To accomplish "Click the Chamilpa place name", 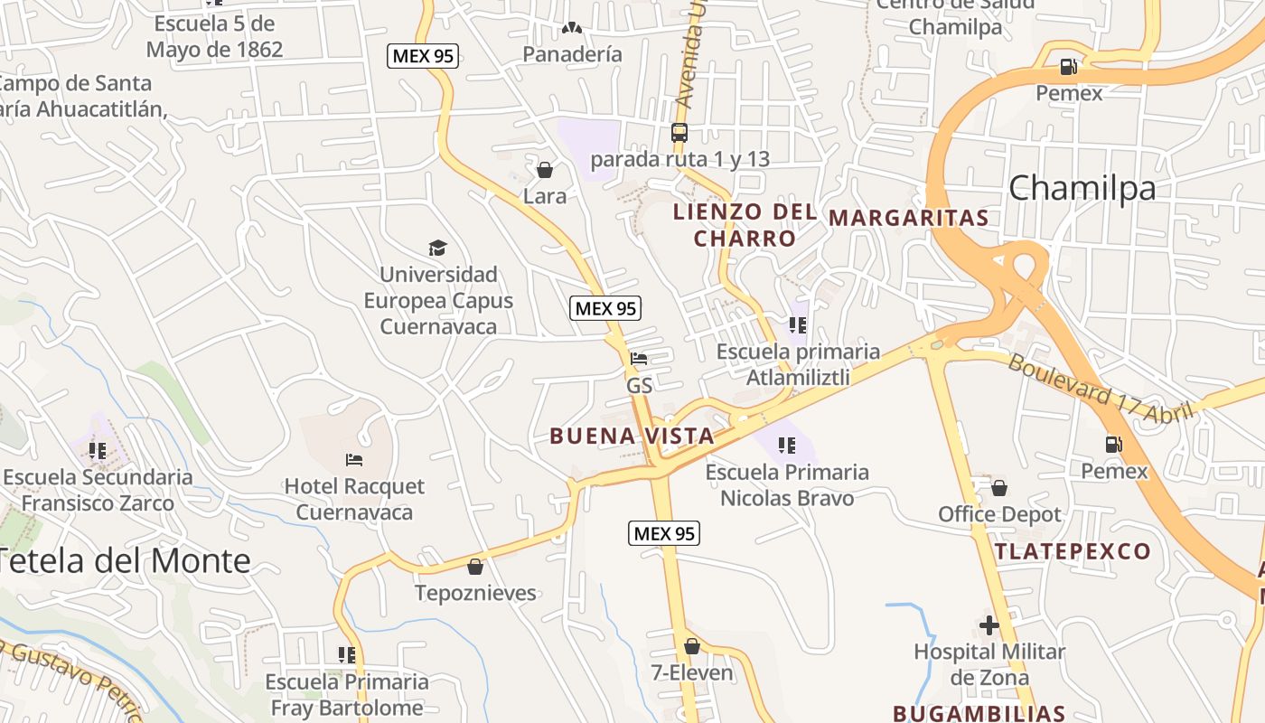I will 1082,188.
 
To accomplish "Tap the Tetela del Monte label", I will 125,561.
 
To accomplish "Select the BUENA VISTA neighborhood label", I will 632,436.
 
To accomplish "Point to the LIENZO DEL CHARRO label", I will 745,225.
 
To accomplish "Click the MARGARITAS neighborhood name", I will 908,218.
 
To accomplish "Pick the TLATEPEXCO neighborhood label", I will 1073,551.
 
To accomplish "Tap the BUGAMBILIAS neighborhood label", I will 979,712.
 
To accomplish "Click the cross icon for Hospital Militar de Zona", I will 989,624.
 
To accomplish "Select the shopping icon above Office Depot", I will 999,488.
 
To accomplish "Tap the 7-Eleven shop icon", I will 692,646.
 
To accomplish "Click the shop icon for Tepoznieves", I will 475,567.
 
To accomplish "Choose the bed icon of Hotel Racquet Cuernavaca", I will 354,460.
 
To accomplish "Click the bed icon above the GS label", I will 639,359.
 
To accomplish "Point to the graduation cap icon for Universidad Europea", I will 437,248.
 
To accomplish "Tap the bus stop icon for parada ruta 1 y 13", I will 679,133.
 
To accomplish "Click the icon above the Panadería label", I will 572,28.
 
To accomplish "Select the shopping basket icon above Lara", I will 545,169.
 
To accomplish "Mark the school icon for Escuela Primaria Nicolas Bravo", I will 787,445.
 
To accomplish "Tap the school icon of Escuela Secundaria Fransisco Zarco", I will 98,450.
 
